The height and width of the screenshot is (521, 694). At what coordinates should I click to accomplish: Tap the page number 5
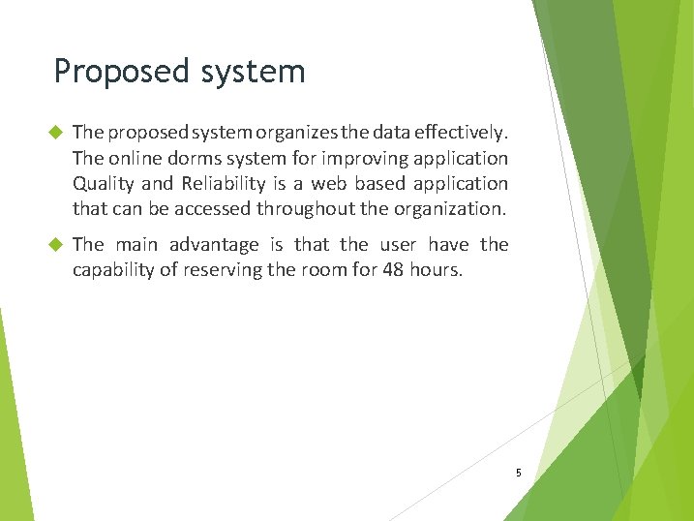point(518,473)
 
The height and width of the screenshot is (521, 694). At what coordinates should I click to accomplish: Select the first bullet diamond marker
point(54,132)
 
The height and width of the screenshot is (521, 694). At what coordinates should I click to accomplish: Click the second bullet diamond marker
point(54,245)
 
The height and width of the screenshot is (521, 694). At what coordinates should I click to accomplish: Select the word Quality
point(105,183)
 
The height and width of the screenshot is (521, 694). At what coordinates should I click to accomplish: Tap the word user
point(398,245)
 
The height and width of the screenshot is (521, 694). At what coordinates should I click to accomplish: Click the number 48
point(393,270)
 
